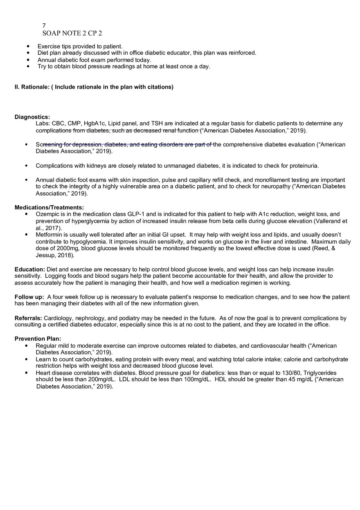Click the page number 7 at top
tap(44, 25)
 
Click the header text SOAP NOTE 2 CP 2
tap(72, 33)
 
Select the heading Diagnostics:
tap(32, 117)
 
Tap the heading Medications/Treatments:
tap(49, 207)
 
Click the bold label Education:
tap(30, 270)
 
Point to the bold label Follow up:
tap(29, 297)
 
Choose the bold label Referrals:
tap(28, 318)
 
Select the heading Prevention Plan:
tap(38, 339)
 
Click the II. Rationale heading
tap(94, 87)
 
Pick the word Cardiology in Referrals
tap(58, 318)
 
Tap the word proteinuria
tap(304, 166)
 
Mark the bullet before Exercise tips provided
tap(28, 47)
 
